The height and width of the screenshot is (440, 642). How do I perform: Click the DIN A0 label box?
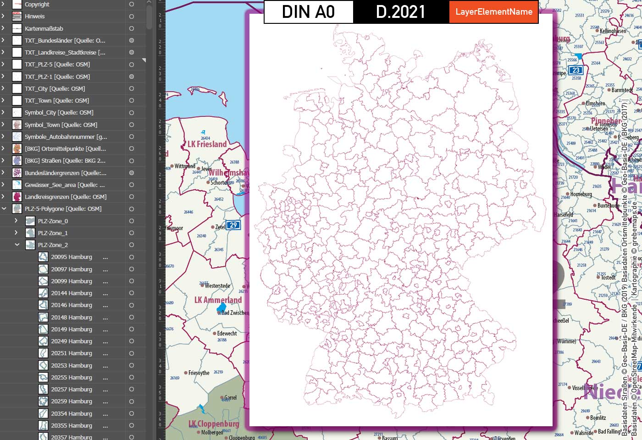[309, 12]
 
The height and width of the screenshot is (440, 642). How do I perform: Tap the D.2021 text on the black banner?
[401, 12]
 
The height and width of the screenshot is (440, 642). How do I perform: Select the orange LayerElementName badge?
[494, 12]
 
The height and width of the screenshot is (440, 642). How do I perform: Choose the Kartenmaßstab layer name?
[44, 28]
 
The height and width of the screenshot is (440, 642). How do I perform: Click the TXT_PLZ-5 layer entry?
[57, 65]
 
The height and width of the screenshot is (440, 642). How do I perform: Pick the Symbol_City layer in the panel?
[59, 113]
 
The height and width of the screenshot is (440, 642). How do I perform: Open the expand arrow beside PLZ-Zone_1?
[16, 233]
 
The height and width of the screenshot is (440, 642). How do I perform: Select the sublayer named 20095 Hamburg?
[72, 257]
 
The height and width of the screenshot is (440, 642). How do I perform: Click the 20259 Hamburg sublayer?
[72, 401]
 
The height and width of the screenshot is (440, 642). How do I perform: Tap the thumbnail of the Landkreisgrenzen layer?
[17, 197]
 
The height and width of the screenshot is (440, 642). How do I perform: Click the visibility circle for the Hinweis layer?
[132, 16]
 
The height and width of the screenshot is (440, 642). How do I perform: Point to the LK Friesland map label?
[207, 144]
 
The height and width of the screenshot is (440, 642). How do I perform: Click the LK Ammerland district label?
[218, 300]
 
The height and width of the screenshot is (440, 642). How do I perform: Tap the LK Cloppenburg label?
[214, 424]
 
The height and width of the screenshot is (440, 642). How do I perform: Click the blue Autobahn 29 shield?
[234, 225]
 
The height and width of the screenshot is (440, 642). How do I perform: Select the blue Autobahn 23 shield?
[576, 70]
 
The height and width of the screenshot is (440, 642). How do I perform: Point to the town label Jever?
[206, 169]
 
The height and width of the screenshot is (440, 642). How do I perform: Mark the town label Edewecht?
[227, 334]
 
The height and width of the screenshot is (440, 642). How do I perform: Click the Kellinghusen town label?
[613, 31]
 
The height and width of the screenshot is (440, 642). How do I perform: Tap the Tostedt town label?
[608, 278]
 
